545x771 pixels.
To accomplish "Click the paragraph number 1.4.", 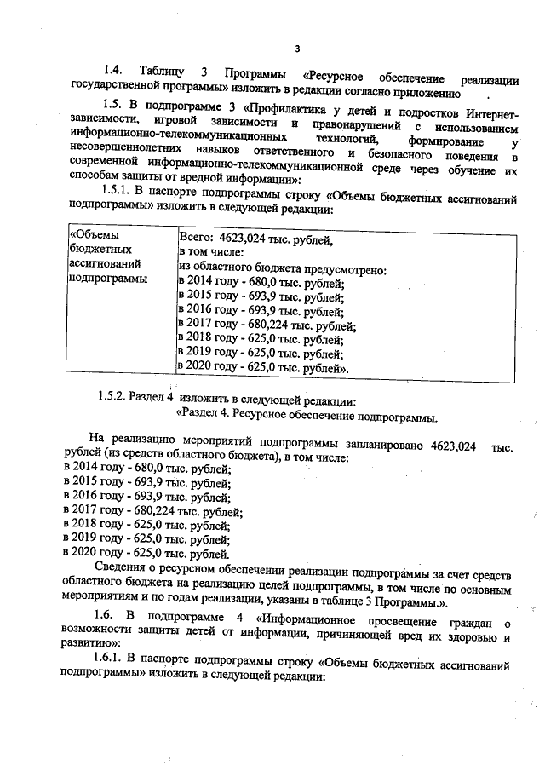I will click(x=113, y=69).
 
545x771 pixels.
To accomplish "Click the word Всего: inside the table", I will click(x=196, y=239).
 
